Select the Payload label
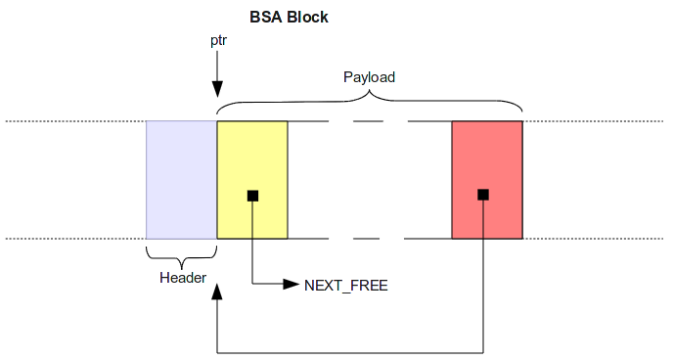click(x=369, y=75)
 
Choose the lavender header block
click(x=181, y=180)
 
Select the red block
click(x=487, y=157)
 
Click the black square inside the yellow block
click(x=252, y=196)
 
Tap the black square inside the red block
click(x=482, y=196)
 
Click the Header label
click(x=182, y=278)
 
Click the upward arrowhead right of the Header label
click(x=217, y=292)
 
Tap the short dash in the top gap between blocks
click(x=369, y=121)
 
